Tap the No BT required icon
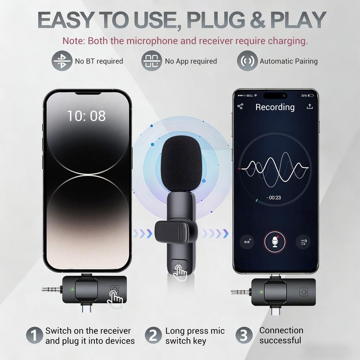point(63,61)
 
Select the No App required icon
point(152,61)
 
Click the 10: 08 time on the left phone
point(86,116)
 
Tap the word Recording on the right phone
point(275,107)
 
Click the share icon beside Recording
point(240,107)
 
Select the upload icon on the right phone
point(309,107)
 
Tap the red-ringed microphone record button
point(274,242)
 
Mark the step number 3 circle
point(243,336)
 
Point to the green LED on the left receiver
point(71,290)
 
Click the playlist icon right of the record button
point(302,242)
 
